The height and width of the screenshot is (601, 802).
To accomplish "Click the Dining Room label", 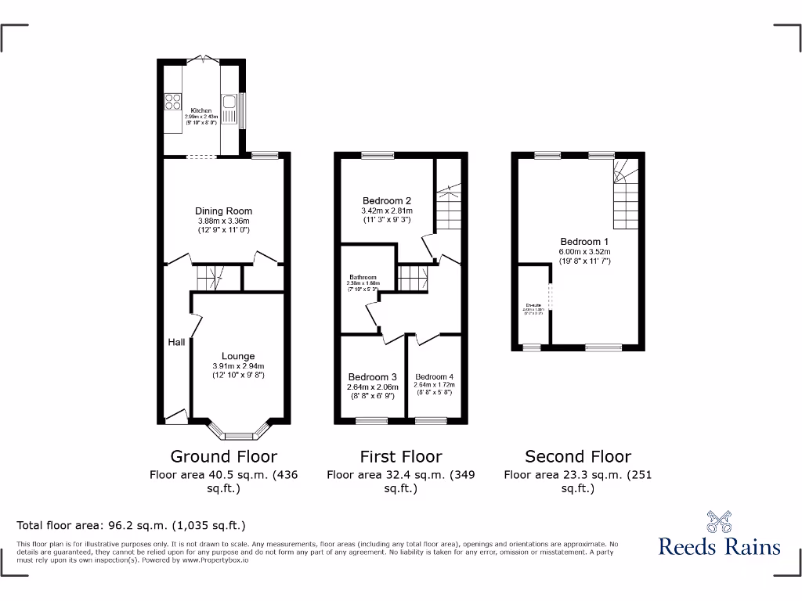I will click(x=224, y=211).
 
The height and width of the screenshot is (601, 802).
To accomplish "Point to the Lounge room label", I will click(x=238, y=356).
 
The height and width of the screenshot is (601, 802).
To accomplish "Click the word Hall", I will click(x=175, y=342).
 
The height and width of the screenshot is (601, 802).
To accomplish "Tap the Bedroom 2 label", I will click(x=387, y=200).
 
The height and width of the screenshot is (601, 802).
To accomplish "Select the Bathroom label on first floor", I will click(x=363, y=277).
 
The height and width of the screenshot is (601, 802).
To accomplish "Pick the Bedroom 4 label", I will click(x=434, y=376).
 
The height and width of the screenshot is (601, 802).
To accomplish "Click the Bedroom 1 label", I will click(x=584, y=241).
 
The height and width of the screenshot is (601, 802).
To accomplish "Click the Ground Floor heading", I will click(x=224, y=456).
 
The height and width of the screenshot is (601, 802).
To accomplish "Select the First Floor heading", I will click(x=401, y=456).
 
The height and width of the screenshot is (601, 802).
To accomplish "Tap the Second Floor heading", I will click(x=578, y=456).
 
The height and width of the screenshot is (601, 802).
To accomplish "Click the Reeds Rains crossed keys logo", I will click(x=719, y=522).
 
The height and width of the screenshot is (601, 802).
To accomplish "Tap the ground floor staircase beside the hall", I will click(x=210, y=276).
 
